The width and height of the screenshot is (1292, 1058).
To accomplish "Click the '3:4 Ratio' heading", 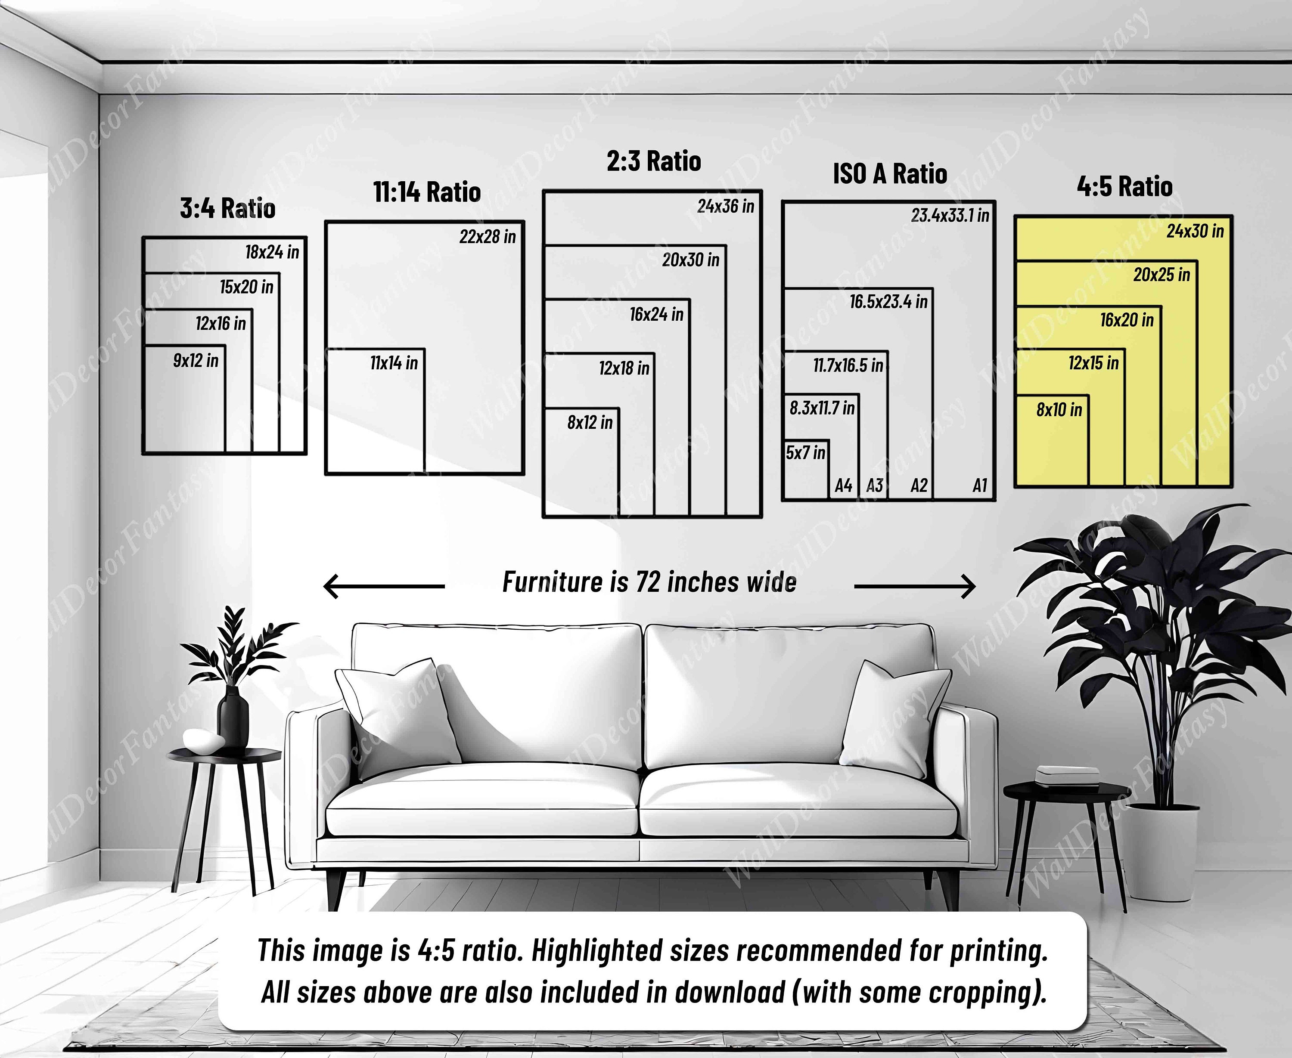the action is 227,208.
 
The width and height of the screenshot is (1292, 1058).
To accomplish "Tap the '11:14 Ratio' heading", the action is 427,192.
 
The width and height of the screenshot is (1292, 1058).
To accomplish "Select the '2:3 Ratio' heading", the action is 654,161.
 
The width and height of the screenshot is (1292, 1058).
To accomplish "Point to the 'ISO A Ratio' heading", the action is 890,174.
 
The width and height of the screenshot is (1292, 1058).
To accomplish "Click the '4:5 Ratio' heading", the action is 1125,186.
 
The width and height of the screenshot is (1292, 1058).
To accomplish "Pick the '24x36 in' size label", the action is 726,207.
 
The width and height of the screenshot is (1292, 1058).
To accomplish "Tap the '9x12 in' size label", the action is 196,361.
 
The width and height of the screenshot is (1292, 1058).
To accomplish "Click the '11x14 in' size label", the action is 394,363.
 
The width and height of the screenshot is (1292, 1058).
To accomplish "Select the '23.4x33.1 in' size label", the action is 950,215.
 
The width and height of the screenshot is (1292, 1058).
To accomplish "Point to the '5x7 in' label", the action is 805,452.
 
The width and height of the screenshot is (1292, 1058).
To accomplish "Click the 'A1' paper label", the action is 980,485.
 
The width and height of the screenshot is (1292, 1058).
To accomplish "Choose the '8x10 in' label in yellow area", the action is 1059,409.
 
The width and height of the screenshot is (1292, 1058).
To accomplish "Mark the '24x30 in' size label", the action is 1195,231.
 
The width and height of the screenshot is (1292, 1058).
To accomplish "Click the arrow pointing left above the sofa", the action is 384,586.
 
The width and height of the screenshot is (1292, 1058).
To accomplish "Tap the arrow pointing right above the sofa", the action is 915,586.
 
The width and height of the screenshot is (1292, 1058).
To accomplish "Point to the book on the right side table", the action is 1067,775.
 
